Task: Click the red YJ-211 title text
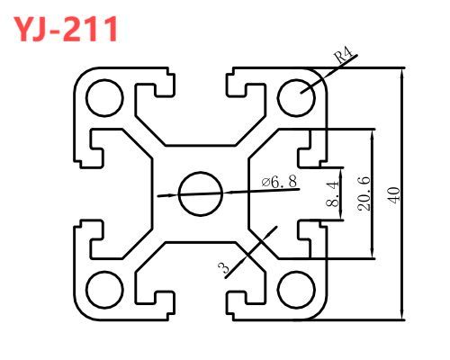click(66, 29)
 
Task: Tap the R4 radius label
click(343, 55)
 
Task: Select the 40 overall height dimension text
click(394, 195)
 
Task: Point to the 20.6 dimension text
click(364, 193)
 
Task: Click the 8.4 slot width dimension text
click(332, 194)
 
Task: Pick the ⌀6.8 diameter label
click(279, 182)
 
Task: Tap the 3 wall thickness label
click(224, 267)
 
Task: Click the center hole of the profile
click(201, 193)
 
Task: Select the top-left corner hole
click(104, 98)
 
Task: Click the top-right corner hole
click(296, 98)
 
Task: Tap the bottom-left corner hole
click(104, 290)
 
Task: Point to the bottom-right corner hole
click(296, 290)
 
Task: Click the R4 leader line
click(328, 74)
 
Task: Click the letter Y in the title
click(23, 29)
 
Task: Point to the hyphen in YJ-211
click(54, 31)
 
